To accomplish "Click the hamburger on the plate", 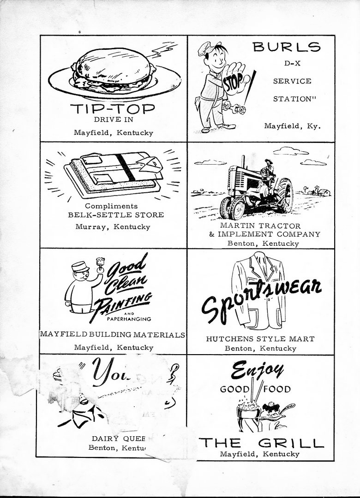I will tap(112, 69).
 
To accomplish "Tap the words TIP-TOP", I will tap(113, 109).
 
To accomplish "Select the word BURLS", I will tap(287, 47).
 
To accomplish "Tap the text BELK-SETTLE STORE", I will tap(116, 215).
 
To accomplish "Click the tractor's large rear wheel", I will tap(284, 196).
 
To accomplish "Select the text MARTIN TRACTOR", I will tap(260, 226).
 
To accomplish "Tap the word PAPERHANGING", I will tap(129, 319).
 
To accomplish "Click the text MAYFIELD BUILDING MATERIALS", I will tap(113, 335).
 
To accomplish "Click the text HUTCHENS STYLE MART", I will tap(260, 339).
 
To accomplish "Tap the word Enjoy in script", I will tap(258, 370).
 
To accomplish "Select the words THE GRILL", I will tap(261, 444).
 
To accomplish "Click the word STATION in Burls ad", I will tap(292, 99).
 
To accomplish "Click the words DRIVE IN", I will tap(113, 120).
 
